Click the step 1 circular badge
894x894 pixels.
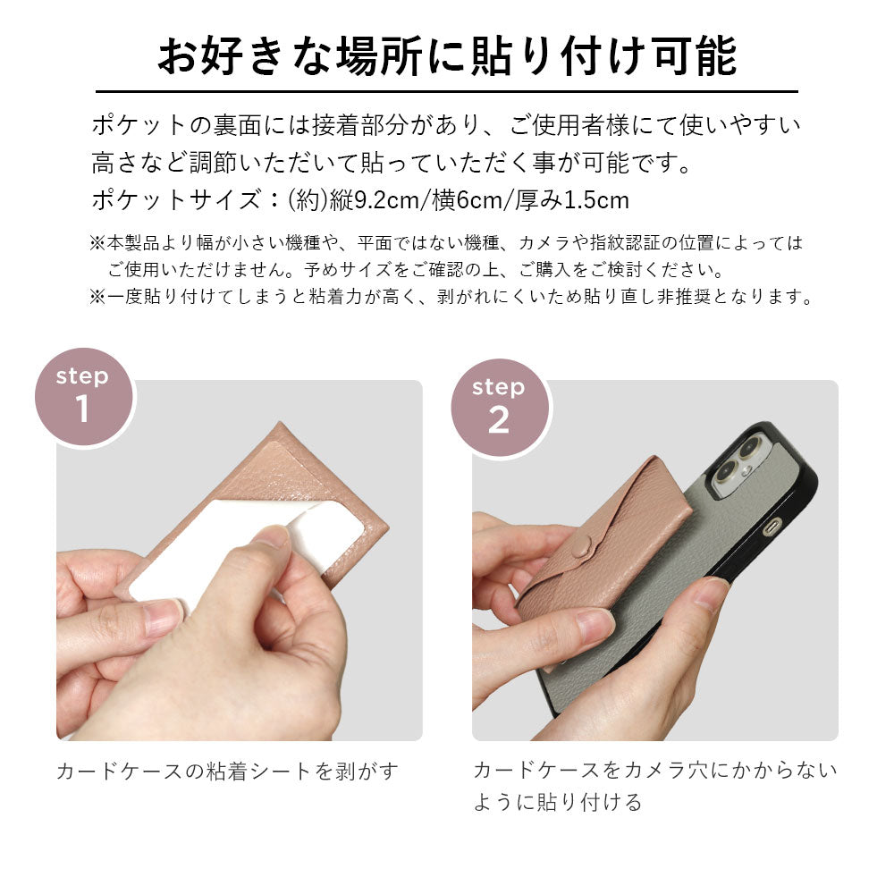pyautogui.click(x=84, y=397)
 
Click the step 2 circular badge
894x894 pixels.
pyautogui.click(x=500, y=408)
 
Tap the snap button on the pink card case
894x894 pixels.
pyautogui.click(x=581, y=547)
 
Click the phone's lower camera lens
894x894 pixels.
pyautogui.click(x=727, y=473)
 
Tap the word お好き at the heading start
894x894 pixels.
pyautogui.click(x=220, y=56)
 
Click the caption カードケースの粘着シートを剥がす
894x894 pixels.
pyautogui.click(x=227, y=772)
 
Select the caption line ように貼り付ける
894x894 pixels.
pyautogui.click(x=558, y=802)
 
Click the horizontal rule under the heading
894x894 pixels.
pyautogui.click(x=446, y=91)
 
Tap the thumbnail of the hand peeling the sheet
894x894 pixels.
pyautogui.click(x=240, y=561)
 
